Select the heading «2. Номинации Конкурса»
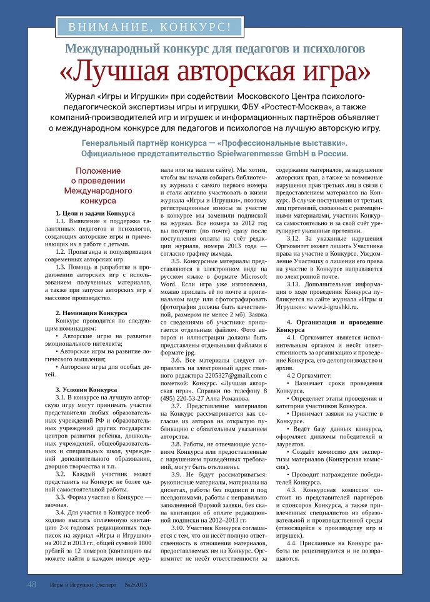[x=91, y=312]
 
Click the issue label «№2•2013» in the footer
[x=136, y=585]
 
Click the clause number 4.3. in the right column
[x=294, y=491]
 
